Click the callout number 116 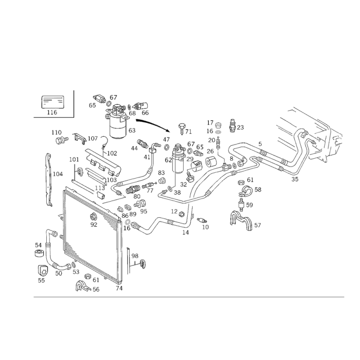pos(52,112)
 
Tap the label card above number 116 pos(52,102)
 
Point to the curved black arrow pos(153,125)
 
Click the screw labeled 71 pos(182,129)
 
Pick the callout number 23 pos(240,127)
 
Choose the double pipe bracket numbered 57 pos(241,220)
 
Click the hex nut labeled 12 pos(181,214)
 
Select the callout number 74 pos(119,288)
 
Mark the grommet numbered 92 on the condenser pos(94,216)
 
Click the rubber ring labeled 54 pos(39,253)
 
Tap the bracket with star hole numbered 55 pos(42,271)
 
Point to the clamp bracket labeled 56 pos(83,286)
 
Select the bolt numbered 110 pos(62,139)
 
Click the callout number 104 pos(58,174)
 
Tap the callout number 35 pos(295,179)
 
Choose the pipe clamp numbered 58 pos(245,191)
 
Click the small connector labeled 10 pos(202,220)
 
